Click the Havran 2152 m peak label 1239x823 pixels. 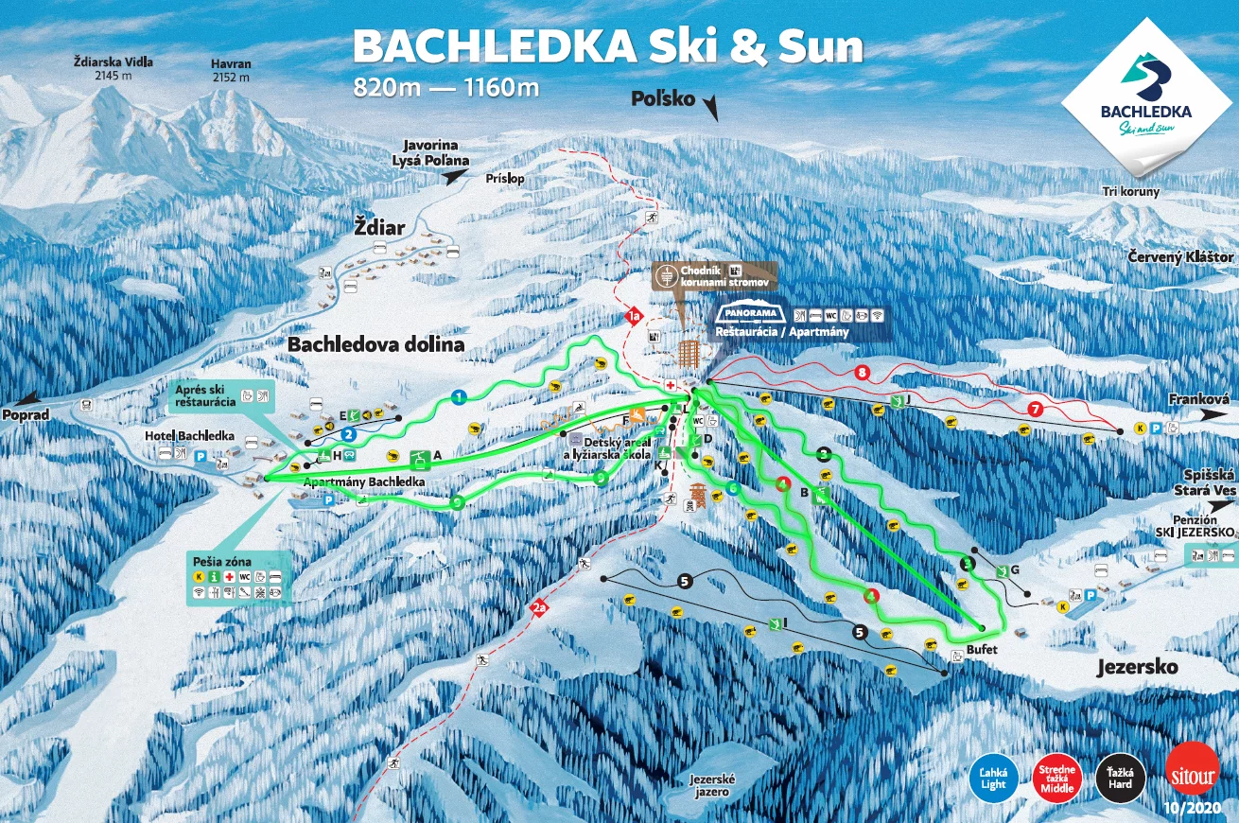click(232, 72)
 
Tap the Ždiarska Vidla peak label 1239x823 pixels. click(113, 69)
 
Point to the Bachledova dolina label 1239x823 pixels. click(376, 344)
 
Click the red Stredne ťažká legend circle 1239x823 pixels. click(1058, 778)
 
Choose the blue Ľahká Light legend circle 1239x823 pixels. click(994, 778)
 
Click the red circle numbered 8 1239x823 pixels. click(862, 372)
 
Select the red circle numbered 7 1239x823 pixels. click(1036, 410)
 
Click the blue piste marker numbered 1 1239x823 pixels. click(459, 397)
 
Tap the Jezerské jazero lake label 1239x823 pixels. click(712, 784)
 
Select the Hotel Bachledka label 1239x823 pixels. click(189, 435)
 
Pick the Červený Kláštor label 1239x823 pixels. click(1180, 257)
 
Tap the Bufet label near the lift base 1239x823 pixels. click(982, 651)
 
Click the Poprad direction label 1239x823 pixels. click(25, 415)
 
